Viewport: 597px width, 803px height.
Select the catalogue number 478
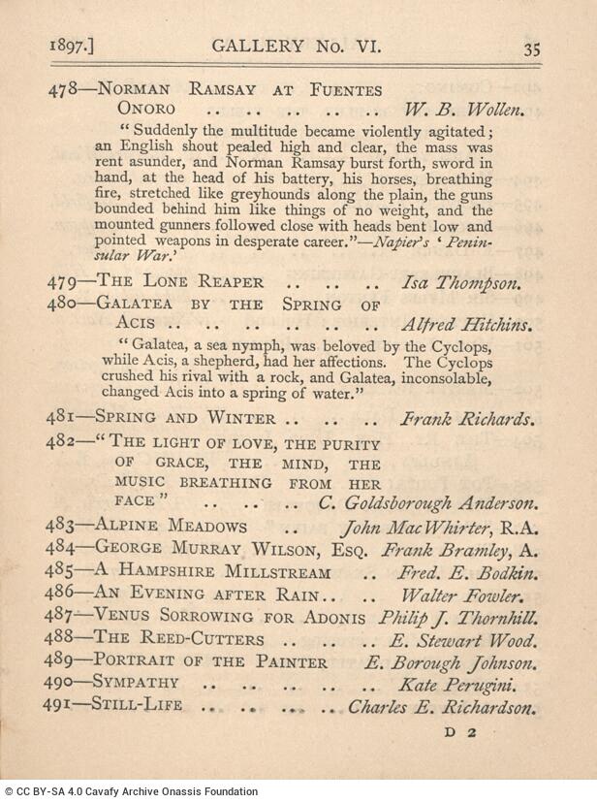(x=62, y=90)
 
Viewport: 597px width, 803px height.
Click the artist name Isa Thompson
(x=462, y=283)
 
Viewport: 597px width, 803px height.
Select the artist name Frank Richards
(x=466, y=420)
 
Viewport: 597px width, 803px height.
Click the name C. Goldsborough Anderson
(x=427, y=503)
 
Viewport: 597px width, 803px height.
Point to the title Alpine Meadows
(x=172, y=528)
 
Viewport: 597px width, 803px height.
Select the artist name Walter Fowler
(x=465, y=596)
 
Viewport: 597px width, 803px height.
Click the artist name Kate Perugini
(x=472, y=685)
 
